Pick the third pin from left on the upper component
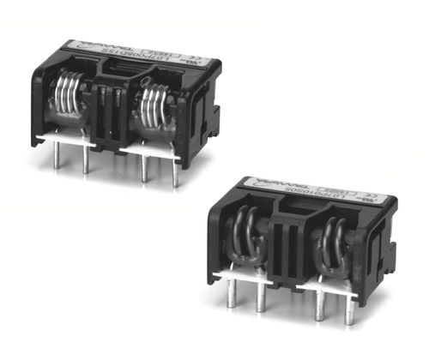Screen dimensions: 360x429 (x=145, y=167)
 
